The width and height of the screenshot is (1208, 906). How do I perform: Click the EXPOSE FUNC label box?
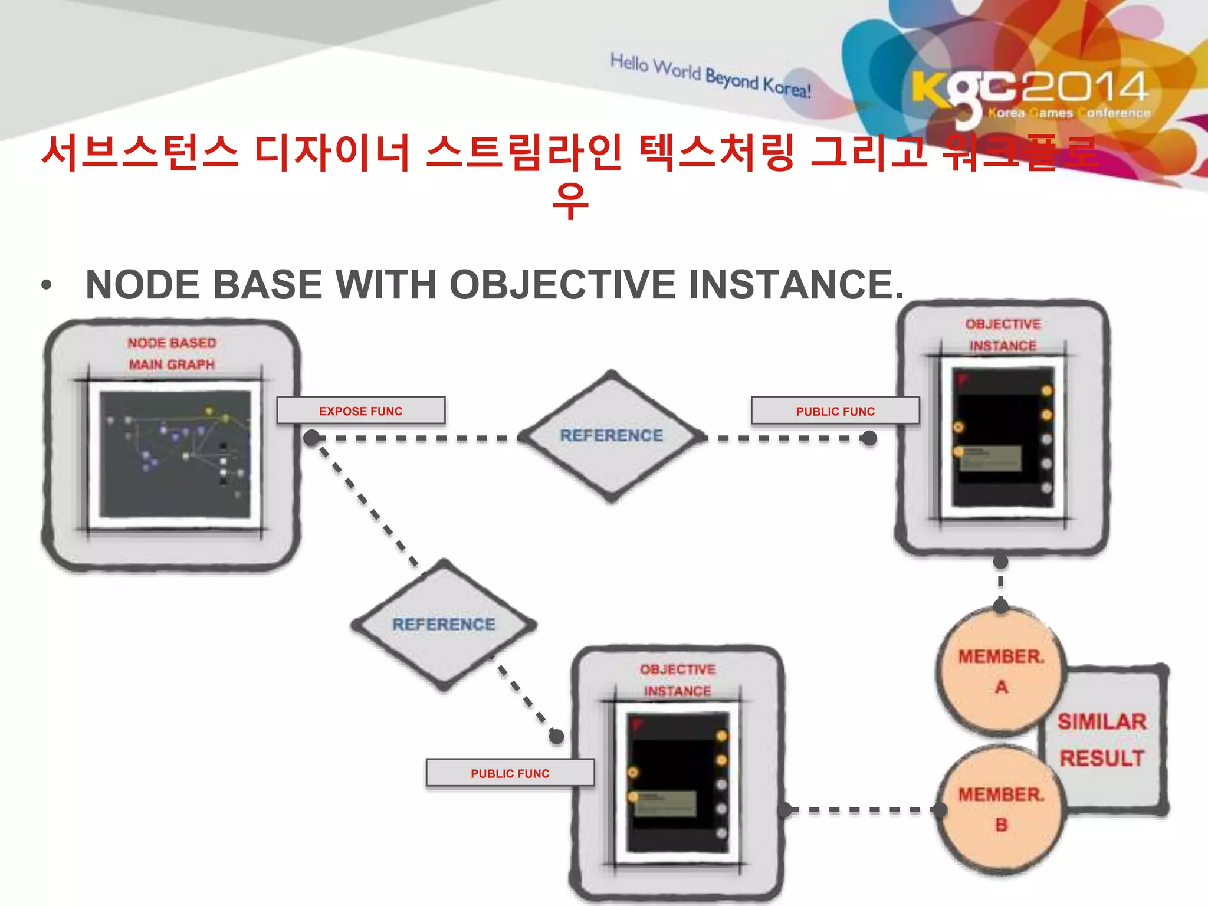click(x=360, y=411)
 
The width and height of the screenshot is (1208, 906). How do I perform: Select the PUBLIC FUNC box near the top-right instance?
click(x=835, y=411)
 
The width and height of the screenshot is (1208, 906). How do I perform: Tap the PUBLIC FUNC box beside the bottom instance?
click(x=510, y=773)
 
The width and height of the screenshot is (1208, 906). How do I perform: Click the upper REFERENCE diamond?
click(x=611, y=436)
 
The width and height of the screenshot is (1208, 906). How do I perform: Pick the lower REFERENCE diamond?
click(x=444, y=625)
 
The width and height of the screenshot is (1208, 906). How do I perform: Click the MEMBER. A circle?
click(x=1000, y=671)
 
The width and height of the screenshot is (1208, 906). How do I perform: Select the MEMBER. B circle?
click(x=1000, y=809)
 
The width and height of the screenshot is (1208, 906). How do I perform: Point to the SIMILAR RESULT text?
click(x=1102, y=740)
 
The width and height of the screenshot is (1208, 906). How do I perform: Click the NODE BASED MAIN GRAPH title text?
click(x=172, y=353)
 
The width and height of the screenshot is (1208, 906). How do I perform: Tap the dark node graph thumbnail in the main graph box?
click(x=175, y=455)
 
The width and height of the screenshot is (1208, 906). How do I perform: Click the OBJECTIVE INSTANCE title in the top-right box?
click(x=1003, y=334)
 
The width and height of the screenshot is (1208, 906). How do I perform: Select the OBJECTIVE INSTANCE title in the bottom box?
click(x=677, y=680)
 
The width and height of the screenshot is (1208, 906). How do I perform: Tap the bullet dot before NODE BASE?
click(x=47, y=286)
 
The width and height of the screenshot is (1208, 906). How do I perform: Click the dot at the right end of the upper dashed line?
click(x=868, y=438)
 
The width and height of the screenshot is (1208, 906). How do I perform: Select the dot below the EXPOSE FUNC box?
click(x=311, y=438)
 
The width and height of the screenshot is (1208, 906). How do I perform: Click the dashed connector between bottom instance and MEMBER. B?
click(x=861, y=810)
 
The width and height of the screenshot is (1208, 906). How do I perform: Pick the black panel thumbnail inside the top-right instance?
click(x=1003, y=437)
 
